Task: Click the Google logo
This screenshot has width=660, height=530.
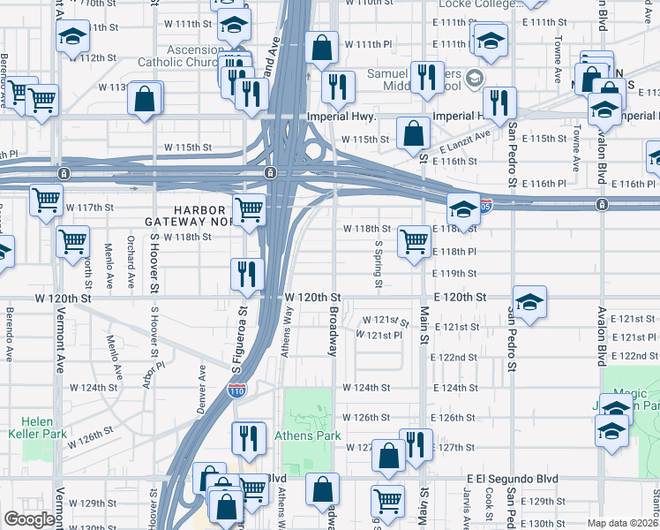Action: (x=29, y=519)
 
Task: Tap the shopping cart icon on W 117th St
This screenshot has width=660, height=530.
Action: (x=46, y=199)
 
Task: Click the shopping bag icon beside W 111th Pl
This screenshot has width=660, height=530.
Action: (x=322, y=46)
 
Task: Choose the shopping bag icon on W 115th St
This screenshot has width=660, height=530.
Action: (x=413, y=133)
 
